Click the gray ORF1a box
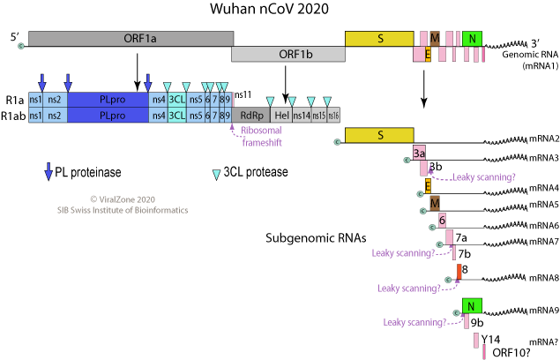coord(131,39)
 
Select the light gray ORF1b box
coord(287,54)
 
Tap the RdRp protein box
coord(251,116)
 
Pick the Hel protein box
coord(281,116)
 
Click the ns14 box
coord(302,116)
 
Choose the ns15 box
coord(319,116)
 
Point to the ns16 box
coord(333,116)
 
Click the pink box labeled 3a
coord(420,154)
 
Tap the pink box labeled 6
coord(442,220)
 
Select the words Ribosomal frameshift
coord(261,136)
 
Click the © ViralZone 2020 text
coord(122,199)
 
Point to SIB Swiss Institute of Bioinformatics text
coord(122,210)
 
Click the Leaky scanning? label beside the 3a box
coord(483,177)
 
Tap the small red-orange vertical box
coord(459,271)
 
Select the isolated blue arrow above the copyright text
coord(49,170)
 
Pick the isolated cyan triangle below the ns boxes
coord(216,175)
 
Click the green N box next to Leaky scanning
coord(473,306)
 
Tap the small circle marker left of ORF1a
coord(21,45)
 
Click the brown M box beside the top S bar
coord(435,38)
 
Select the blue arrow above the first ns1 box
coord(41,81)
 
